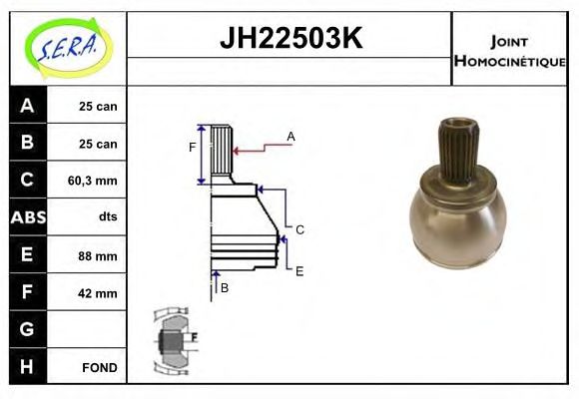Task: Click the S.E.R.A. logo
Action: click(68, 48)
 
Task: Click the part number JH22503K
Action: click(291, 38)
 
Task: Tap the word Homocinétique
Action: click(509, 61)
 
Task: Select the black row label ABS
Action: click(28, 217)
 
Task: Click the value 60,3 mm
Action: click(92, 181)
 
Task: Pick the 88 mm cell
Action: click(98, 255)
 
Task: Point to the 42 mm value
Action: click(98, 293)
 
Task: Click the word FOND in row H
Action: click(100, 368)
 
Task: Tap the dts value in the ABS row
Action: click(108, 216)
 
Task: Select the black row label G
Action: click(27, 329)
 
